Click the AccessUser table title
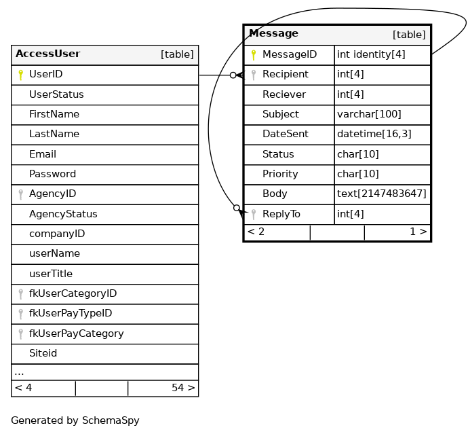point(47,54)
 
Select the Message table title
point(273,34)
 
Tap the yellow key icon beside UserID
point(20,75)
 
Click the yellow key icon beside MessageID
point(254,55)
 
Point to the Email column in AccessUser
point(43,154)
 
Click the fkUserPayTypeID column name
point(71,314)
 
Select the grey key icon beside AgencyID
point(20,194)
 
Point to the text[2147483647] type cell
point(382,194)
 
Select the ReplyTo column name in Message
point(281,215)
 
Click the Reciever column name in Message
point(283,94)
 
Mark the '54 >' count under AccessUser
point(183,388)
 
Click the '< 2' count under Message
point(256,232)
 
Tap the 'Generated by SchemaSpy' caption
point(75,421)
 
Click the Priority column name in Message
point(280,175)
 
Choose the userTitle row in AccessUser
point(51,274)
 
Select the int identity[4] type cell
point(371,55)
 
